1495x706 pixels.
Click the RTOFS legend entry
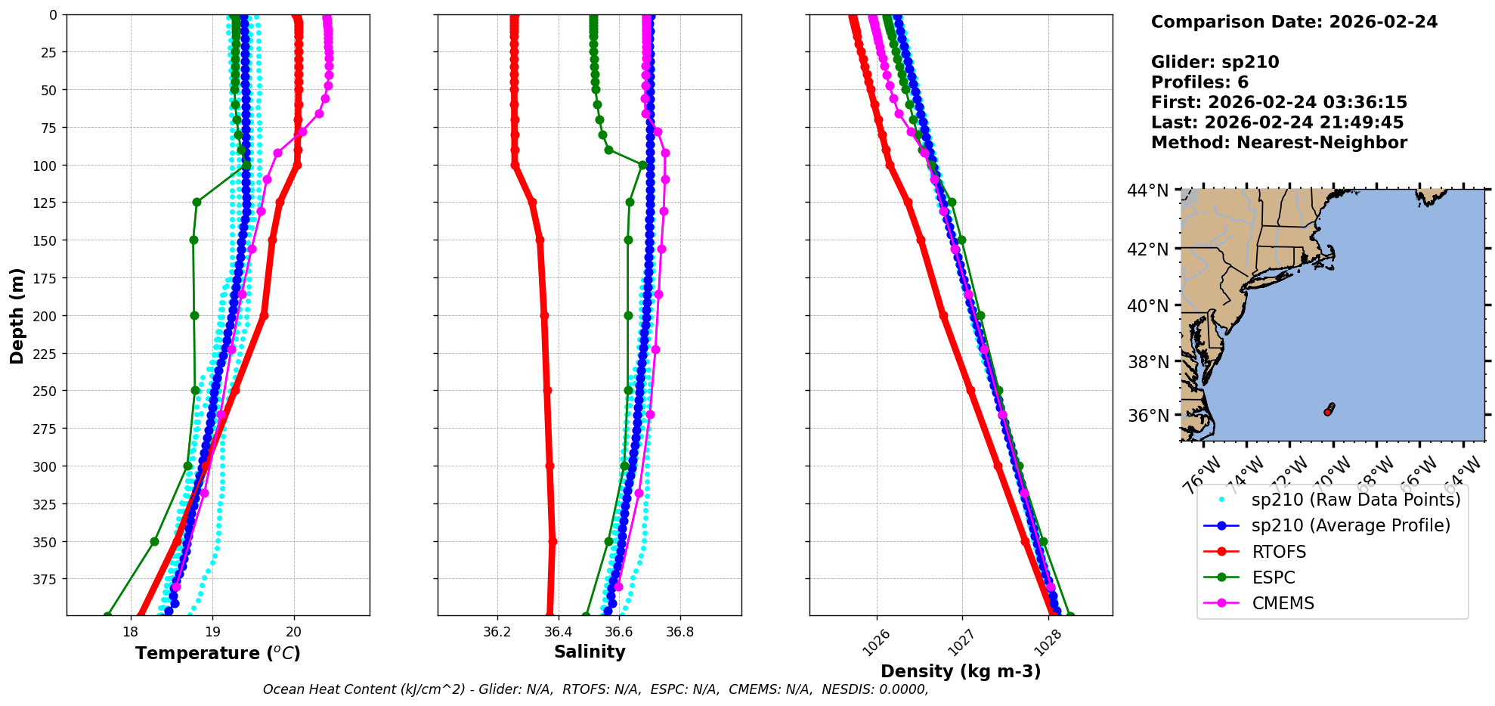(x=1279, y=552)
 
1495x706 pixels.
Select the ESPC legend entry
(x=1273, y=577)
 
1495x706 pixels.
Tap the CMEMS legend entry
(x=1283, y=603)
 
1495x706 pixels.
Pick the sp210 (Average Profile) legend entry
(x=1351, y=525)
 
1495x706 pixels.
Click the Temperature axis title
(x=218, y=653)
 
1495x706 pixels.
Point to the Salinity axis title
(x=590, y=652)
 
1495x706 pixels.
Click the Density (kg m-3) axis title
(x=961, y=671)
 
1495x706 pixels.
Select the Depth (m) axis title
(x=17, y=315)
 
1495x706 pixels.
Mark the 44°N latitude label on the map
(x=1147, y=190)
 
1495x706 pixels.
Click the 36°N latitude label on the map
(x=1147, y=416)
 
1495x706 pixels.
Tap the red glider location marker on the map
(x=1327, y=412)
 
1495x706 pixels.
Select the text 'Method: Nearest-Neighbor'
(x=1279, y=143)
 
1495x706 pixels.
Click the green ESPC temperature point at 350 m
(x=154, y=541)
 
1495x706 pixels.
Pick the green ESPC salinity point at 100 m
(x=642, y=165)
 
